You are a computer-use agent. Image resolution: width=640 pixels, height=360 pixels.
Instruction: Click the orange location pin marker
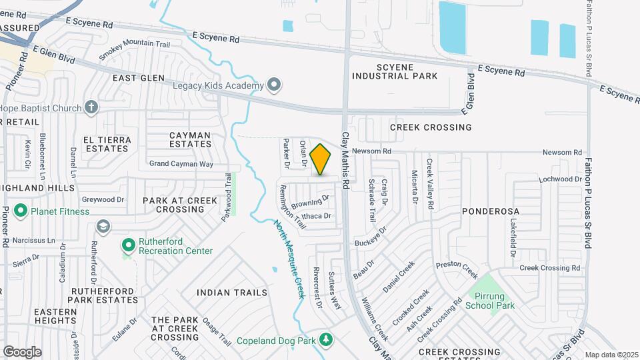pyautogui.click(x=321, y=159)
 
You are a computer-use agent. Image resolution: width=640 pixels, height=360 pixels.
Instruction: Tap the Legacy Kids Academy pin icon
pyautogui.click(x=273, y=85)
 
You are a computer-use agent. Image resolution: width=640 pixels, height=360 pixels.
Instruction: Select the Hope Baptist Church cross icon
pyautogui.click(x=92, y=107)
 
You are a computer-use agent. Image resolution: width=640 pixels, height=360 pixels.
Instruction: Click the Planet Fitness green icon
pyautogui.click(x=20, y=211)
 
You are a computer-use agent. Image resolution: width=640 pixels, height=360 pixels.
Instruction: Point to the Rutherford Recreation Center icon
pyautogui.click(x=127, y=245)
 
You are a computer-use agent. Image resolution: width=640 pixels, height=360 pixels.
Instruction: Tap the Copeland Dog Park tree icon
pyautogui.click(x=326, y=340)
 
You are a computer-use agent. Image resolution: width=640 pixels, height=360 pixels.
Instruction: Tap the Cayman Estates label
pyautogui.click(x=190, y=139)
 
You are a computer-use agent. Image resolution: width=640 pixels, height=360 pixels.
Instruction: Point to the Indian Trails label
pyautogui.click(x=232, y=293)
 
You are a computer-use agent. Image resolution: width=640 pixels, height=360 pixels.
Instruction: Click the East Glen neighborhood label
pyautogui.click(x=139, y=78)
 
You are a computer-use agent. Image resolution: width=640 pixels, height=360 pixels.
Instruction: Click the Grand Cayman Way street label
pyautogui.click(x=181, y=163)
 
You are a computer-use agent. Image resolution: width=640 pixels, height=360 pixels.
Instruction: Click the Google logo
pyautogui.click(x=22, y=351)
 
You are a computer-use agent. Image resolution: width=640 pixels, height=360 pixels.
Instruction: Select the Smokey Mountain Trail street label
pyautogui.click(x=135, y=51)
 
